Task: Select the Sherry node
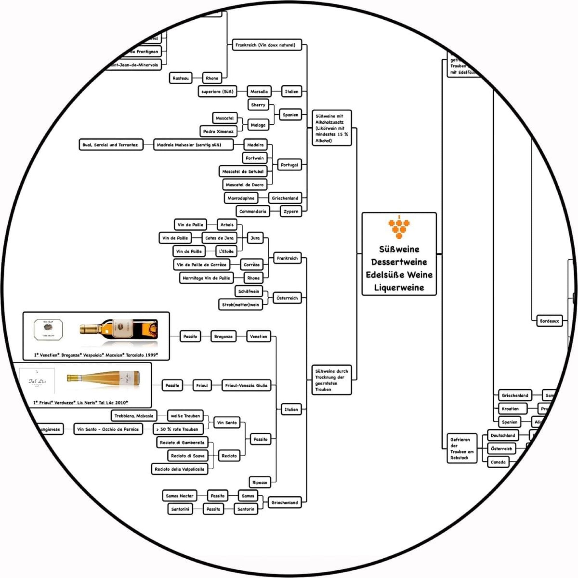point(258,105)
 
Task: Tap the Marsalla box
point(259,91)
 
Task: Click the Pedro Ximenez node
point(218,131)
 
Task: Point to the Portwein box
point(255,158)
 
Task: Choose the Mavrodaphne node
point(241,198)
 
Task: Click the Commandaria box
point(253,211)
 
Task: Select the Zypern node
point(291,211)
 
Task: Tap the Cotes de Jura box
point(219,238)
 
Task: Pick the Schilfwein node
point(249,291)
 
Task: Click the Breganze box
point(223,336)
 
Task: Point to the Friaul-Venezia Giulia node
point(246,385)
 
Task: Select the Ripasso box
point(260,482)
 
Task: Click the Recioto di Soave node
point(188,456)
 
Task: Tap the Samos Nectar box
point(180,496)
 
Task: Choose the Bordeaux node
point(549,321)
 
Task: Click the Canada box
point(498,462)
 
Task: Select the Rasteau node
point(181,78)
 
